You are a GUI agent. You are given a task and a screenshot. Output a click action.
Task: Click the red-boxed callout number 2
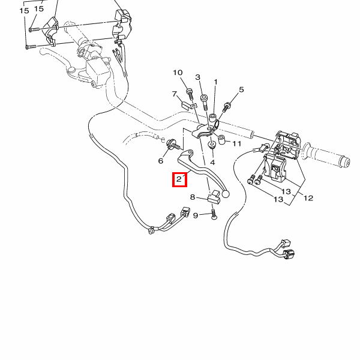coord(179,179)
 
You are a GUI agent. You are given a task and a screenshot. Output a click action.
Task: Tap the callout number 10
coord(178,73)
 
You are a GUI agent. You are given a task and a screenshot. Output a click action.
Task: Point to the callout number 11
coord(236,144)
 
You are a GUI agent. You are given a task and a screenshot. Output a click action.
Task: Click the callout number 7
coord(175,95)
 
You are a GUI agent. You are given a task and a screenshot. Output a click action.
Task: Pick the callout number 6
coord(161,161)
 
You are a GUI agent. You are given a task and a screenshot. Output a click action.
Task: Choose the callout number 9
coord(195,215)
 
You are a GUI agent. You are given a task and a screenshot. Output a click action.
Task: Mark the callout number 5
coord(241,90)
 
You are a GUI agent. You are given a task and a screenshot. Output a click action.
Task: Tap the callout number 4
coord(212,162)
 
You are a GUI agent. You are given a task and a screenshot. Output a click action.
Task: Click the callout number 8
coord(193,197)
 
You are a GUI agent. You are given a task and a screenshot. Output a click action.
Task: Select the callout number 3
coord(197,77)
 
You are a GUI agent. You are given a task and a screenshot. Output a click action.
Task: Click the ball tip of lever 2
coord(226,194)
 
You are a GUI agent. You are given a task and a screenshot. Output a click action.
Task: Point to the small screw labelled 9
coord(214,214)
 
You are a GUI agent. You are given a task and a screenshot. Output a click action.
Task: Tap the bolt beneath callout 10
coord(190,92)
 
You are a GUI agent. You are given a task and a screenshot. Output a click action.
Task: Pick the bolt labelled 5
coord(227,107)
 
